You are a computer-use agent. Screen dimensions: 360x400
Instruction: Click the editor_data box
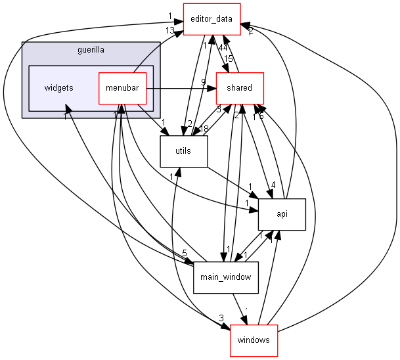(x=211, y=19)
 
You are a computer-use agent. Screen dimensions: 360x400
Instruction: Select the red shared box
(x=239, y=87)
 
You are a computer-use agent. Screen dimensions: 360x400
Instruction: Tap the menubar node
(x=122, y=87)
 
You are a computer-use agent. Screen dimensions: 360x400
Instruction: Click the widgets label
(x=58, y=87)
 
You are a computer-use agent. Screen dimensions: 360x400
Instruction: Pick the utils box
(x=184, y=150)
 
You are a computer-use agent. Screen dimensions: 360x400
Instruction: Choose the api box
(x=282, y=214)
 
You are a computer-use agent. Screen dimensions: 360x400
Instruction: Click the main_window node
(x=223, y=277)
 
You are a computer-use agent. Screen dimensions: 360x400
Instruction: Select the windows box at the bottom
(x=254, y=340)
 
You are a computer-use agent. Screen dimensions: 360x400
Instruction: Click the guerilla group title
(x=91, y=49)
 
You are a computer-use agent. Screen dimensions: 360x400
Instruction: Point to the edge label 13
(x=170, y=30)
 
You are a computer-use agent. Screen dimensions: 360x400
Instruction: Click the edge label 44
(x=223, y=48)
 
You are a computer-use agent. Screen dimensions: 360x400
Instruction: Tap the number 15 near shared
(x=228, y=59)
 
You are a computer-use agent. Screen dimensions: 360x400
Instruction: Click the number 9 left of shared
(x=204, y=82)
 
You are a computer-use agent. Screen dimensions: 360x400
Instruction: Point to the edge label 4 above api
(x=273, y=185)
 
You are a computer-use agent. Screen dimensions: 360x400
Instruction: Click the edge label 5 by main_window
(x=185, y=253)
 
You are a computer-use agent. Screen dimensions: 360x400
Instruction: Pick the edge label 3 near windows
(x=221, y=319)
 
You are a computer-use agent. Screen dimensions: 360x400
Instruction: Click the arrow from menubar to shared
(x=181, y=87)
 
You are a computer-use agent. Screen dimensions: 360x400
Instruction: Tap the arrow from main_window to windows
(x=240, y=309)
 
